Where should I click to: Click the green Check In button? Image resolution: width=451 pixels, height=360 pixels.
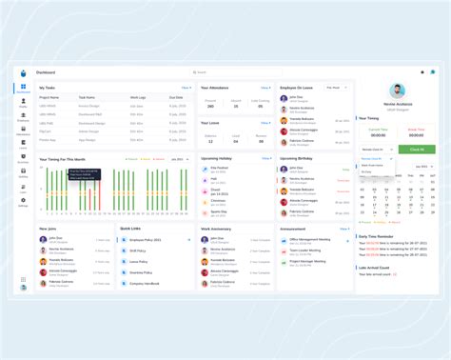(x=417, y=150)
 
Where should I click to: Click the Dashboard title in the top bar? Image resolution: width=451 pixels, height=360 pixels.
(x=46, y=71)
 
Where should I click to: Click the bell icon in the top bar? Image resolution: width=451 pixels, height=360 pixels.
(x=422, y=71)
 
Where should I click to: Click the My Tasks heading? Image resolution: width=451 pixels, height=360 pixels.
(x=48, y=88)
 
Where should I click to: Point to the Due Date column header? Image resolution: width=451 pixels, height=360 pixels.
(x=176, y=97)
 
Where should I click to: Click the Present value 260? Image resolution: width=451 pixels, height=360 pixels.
(x=210, y=107)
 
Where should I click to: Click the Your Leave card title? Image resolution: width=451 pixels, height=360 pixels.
(x=210, y=122)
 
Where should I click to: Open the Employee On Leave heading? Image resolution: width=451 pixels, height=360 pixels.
(x=297, y=88)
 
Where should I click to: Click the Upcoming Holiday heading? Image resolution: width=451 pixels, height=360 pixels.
(x=219, y=158)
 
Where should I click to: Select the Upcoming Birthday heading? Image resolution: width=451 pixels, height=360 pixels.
(x=298, y=158)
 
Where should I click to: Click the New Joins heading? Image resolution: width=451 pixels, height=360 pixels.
(x=49, y=230)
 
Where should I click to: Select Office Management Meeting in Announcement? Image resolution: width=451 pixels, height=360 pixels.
(x=312, y=240)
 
